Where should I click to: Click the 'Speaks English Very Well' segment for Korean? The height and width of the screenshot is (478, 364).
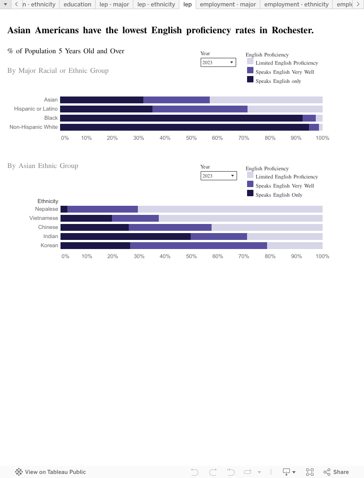pos(198,245)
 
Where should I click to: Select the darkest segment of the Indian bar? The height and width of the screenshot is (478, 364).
pos(125,236)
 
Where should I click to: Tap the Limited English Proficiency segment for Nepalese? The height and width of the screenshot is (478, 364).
pos(230,209)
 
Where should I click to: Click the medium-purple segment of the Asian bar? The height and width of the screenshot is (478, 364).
pos(177,100)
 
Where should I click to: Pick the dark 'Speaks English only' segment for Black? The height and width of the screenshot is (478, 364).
pos(181,118)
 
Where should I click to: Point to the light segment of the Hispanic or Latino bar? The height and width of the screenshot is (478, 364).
pos(285,109)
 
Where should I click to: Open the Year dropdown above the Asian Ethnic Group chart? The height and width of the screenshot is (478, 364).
pos(218,176)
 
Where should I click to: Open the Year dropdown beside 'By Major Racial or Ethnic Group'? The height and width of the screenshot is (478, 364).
pos(218,62)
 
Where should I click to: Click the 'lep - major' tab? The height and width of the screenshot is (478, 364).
pos(114,5)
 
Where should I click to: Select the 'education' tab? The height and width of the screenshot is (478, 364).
pos(77,5)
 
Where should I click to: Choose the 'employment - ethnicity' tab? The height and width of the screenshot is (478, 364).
pos(296,5)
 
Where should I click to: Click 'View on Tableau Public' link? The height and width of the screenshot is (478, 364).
pos(51,472)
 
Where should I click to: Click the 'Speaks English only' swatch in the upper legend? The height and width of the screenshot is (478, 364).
pos(250,80)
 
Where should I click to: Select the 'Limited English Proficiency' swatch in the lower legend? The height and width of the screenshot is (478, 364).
pos(250,175)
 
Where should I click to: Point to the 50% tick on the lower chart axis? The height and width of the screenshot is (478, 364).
pos(191,256)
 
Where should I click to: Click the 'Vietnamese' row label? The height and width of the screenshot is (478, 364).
pos(44,218)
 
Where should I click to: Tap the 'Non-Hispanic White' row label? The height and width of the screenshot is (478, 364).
pos(34,127)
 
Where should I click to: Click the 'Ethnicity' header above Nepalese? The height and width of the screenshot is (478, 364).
pos(48,201)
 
